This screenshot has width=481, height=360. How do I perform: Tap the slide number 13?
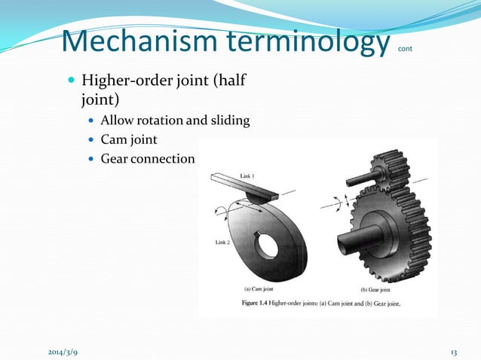[454, 352]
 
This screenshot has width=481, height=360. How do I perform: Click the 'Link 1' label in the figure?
[247, 175]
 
